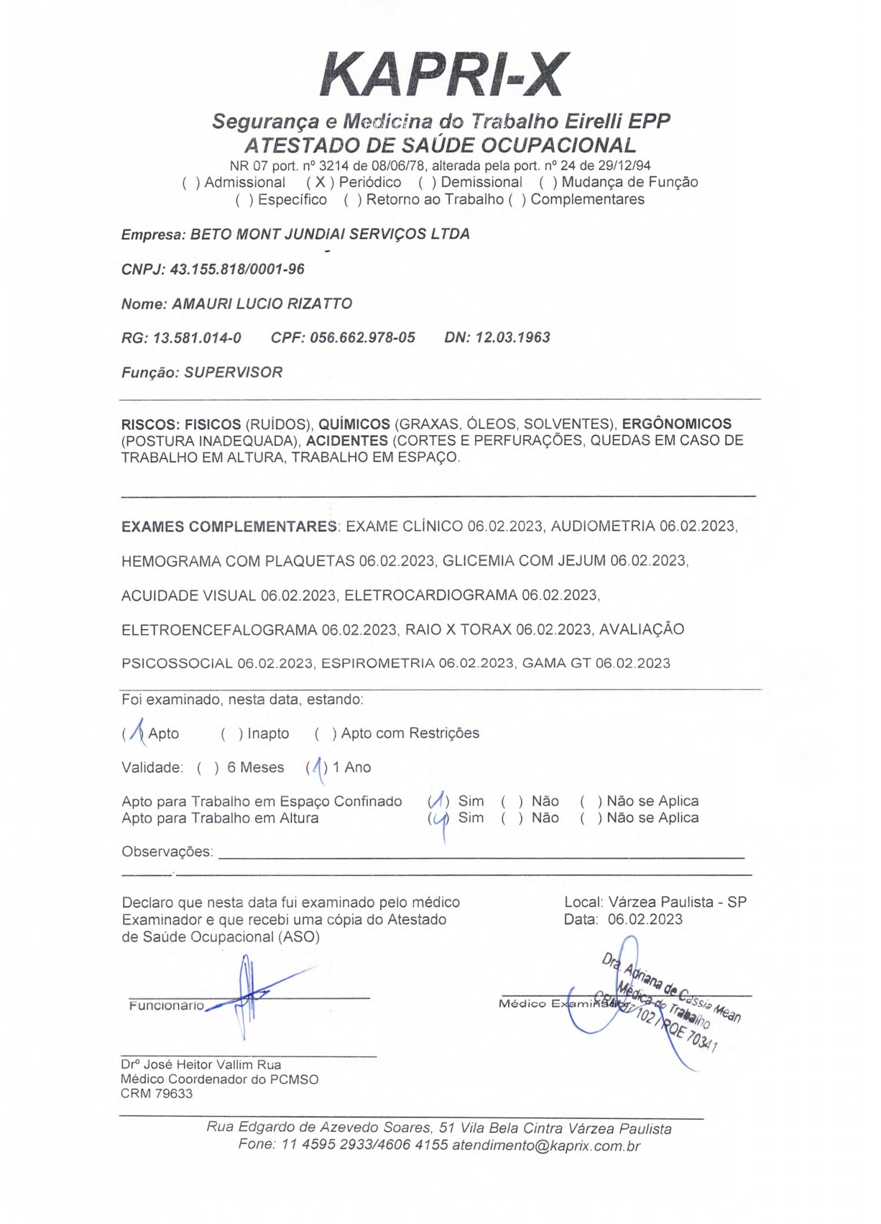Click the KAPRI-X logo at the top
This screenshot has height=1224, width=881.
(x=443, y=75)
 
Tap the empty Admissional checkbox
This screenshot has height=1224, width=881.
(x=190, y=183)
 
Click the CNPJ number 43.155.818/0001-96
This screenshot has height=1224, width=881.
(x=237, y=269)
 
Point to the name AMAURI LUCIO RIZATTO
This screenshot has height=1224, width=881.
(x=262, y=303)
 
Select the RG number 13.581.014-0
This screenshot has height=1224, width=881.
(x=197, y=337)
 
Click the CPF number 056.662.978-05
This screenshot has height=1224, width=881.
(x=362, y=337)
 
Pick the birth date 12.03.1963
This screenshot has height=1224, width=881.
(x=512, y=337)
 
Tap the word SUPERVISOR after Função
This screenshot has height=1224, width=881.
(x=234, y=373)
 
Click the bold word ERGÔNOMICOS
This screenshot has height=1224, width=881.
(x=676, y=424)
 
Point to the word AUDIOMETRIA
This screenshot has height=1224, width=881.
(x=603, y=526)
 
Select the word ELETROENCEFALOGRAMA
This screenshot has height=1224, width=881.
(x=219, y=630)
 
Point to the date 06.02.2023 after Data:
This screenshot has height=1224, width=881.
(x=645, y=919)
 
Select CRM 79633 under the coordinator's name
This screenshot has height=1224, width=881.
(x=157, y=1094)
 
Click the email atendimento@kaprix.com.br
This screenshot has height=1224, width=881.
(x=545, y=1146)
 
